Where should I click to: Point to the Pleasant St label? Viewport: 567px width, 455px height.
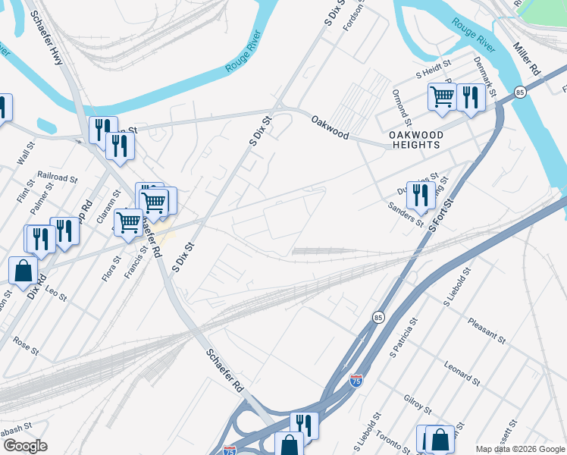click(486, 330)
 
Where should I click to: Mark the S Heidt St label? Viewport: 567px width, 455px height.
click(433, 74)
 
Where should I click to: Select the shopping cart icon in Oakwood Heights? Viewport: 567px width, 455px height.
click(441, 96)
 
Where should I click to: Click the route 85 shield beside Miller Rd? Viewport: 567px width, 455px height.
click(519, 92)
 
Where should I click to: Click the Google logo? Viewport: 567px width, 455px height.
click(25, 445)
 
